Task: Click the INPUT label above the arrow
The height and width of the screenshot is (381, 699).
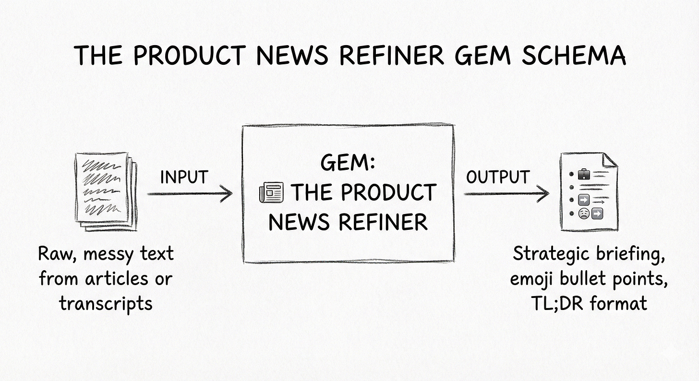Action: (x=184, y=177)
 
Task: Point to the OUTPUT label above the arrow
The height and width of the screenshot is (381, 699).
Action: (x=497, y=177)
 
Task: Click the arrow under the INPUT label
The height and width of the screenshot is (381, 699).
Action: (x=190, y=194)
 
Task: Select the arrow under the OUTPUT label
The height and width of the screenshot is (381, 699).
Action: (x=506, y=194)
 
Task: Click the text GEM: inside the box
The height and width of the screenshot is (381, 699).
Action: (x=348, y=164)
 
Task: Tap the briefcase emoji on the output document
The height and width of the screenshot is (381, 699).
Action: (x=583, y=174)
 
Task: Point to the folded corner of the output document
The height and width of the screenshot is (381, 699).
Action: (x=610, y=161)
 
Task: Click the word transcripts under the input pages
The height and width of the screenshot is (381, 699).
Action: (x=106, y=303)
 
